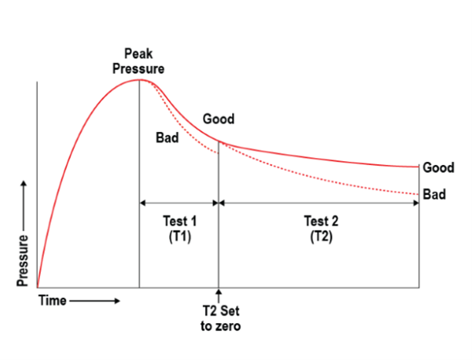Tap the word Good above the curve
point(218,119)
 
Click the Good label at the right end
point(438,167)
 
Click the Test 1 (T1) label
point(180,229)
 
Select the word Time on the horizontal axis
point(54,300)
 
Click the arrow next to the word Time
point(96,300)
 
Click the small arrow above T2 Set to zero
point(220,294)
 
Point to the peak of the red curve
point(139,79)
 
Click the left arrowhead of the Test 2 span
point(224,203)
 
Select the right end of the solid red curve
point(417,167)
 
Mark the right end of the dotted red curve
point(417,193)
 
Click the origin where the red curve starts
point(38,288)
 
